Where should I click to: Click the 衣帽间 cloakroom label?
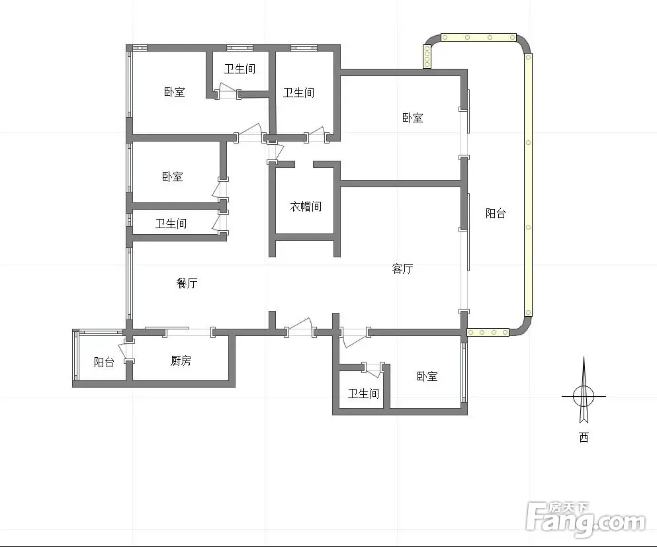click(306, 206)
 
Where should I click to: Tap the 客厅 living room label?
click(402, 269)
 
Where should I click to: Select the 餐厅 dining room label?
click(187, 283)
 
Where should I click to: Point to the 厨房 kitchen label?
click(181, 360)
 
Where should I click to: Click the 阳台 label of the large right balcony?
click(496, 213)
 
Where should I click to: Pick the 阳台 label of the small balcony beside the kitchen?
click(104, 362)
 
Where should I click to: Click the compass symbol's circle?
click(584, 396)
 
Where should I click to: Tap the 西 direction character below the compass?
click(584, 437)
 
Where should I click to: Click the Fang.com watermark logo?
click(586, 520)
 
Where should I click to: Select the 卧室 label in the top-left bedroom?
click(174, 92)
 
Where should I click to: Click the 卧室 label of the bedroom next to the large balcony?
click(413, 117)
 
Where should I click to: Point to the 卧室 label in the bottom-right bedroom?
click(427, 376)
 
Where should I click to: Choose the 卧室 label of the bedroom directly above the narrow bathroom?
click(173, 177)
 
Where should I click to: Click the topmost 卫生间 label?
click(240, 69)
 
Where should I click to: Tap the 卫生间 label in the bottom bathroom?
click(363, 394)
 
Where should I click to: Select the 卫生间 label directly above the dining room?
click(171, 224)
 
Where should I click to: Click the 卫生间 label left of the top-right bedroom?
click(299, 93)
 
